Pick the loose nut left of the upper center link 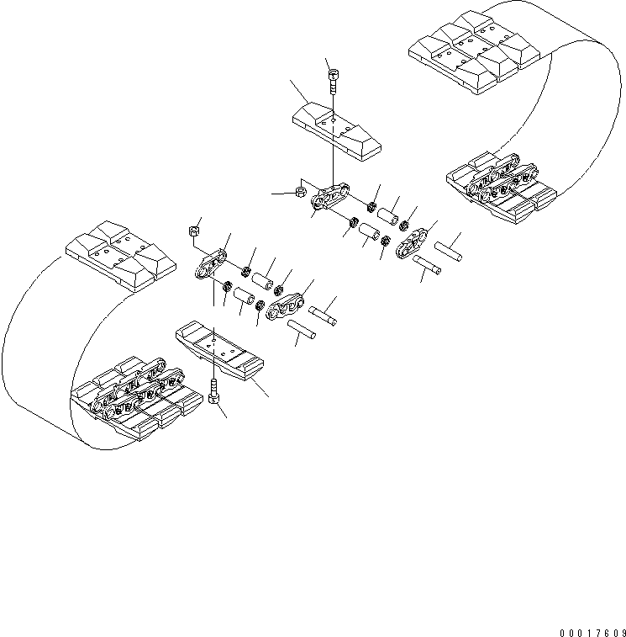[x=300, y=193]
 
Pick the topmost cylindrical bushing [x=387, y=215]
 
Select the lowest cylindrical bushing [x=244, y=295]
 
